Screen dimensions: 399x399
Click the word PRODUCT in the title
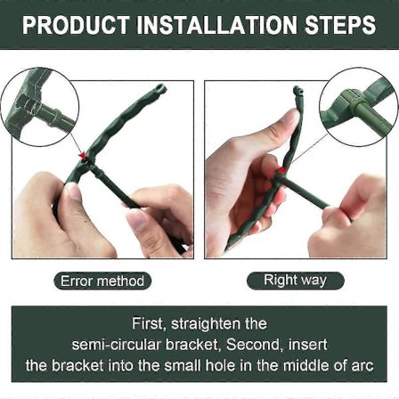pyautogui.click(x=76, y=24)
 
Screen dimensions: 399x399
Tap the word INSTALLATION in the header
pyautogui.click(x=217, y=24)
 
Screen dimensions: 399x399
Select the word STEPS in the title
pyautogui.click(x=340, y=24)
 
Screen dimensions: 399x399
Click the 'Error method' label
pyautogui.click(x=102, y=281)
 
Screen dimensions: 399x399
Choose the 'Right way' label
pyautogui.click(x=295, y=280)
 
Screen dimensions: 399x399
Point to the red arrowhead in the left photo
pyautogui.click(x=82, y=156)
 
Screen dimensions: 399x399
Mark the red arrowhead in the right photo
pyautogui.click(x=282, y=170)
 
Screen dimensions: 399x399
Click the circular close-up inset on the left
pyautogui.click(x=39, y=107)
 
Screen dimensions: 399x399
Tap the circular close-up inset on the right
pyautogui.click(x=359, y=107)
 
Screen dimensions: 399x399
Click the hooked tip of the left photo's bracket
pyautogui.click(x=160, y=88)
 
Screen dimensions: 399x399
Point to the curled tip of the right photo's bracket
pyautogui.click(x=298, y=90)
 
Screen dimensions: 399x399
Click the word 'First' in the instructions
pyautogui.click(x=147, y=323)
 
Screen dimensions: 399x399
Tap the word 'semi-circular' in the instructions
pyautogui.click(x=117, y=345)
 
